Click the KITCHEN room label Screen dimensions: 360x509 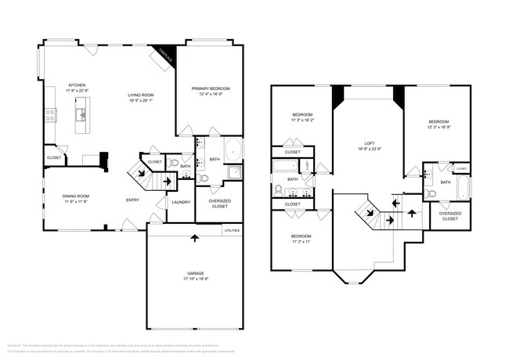76,85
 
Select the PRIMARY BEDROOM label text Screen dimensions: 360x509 210,89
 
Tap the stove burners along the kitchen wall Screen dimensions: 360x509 50,115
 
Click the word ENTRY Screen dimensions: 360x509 133,200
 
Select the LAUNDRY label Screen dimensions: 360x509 181,202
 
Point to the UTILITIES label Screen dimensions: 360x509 232,231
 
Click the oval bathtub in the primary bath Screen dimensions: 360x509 233,149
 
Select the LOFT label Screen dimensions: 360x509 369,143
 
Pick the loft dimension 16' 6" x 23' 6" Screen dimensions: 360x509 369,149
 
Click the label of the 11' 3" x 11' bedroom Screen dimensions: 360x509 301,236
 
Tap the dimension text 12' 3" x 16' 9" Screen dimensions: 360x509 439,127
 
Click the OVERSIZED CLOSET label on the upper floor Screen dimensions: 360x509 449,216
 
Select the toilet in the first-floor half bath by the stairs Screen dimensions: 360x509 204,178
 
